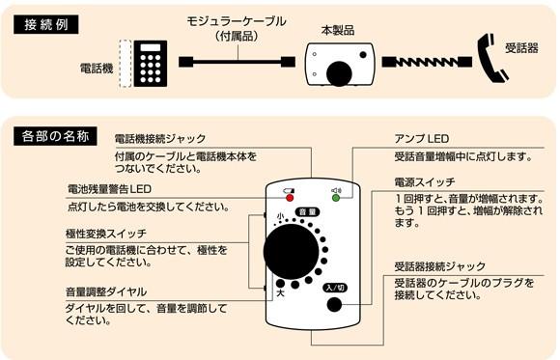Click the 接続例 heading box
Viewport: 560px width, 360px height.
click(x=46, y=25)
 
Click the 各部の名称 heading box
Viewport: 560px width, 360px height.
click(x=55, y=136)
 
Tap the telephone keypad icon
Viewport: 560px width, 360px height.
click(x=151, y=64)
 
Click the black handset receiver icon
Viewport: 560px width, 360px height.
click(x=492, y=58)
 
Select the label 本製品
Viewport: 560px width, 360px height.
click(x=338, y=30)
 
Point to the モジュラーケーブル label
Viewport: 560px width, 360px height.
click(x=237, y=21)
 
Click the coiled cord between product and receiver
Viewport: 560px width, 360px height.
click(x=427, y=62)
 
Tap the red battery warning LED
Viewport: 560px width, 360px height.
click(x=290, y=198)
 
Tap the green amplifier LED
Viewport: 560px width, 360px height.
click(x=336, y=198)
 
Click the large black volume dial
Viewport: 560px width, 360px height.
click(x=291, y=252)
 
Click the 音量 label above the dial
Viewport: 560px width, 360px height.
click(x=307, y=212)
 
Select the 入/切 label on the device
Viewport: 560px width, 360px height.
click(x=335, y=288)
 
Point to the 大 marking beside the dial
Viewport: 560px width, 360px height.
click(x=281, y=294)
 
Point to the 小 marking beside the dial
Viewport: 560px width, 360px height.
click(x=280, y=216)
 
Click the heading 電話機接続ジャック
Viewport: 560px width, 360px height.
click(x=160, y=139)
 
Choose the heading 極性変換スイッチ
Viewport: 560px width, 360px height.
click(x=106, y=234)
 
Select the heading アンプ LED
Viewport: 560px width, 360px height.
click(x=422, y=139)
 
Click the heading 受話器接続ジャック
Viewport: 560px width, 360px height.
click(x=440, y=266)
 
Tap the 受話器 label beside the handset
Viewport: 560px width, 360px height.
click(x=521, y=48)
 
